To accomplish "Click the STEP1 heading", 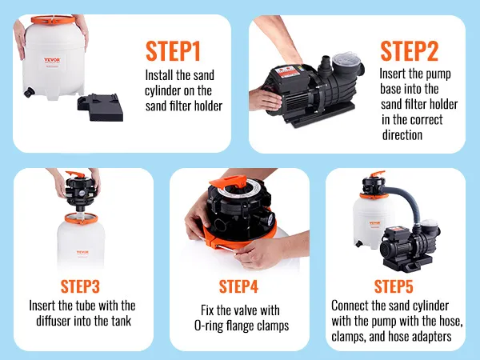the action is coord(173,51).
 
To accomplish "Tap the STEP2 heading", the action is coord(410,51).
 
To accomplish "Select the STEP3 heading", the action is coord(80,286).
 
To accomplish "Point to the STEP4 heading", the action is coord(238,286).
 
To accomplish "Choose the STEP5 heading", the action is coord(394,286).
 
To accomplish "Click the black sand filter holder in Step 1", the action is coord(101,107).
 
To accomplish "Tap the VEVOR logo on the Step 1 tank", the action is coord(52,60).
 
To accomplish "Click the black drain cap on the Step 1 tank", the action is coord(29,92).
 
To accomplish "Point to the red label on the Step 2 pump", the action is coord(287,73).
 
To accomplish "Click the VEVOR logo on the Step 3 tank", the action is coord(82,253).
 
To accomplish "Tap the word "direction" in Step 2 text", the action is coord(402,134).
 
